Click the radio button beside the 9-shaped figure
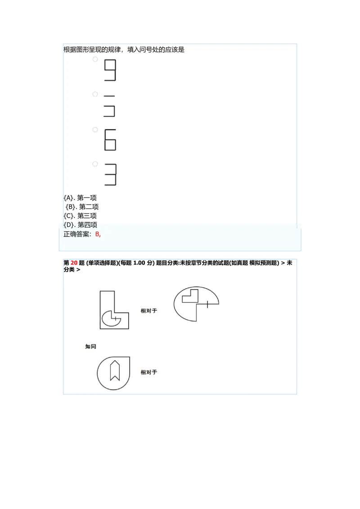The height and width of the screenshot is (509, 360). (95, 59)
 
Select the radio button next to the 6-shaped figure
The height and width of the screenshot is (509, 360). (95, 129)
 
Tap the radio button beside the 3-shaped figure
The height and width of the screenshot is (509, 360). (95, 164)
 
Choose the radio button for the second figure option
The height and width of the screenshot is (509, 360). (95, 94)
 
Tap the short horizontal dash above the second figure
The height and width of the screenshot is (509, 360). (109, 96)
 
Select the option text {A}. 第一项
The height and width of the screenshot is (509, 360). (80, 198)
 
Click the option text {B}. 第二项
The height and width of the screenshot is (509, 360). (82, 207)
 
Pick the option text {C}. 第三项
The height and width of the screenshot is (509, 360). (80, 216)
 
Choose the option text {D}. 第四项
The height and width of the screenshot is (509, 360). (80, 225)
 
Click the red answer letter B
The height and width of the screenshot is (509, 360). (97, 234)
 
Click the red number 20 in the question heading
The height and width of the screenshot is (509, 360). (74, 263)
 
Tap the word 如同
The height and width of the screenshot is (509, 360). (90, 346)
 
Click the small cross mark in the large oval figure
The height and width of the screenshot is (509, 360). (207, 304)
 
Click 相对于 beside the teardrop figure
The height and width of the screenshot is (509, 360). (148, 372)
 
